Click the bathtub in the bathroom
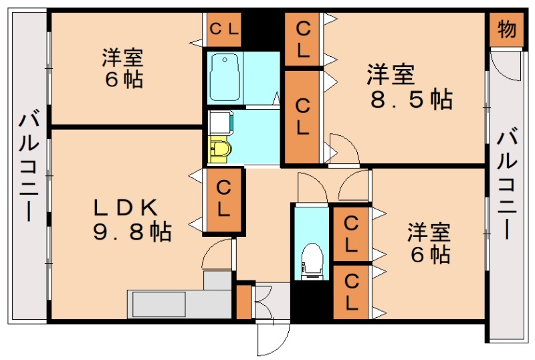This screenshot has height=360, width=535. [225, 78]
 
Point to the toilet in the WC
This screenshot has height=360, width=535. [311, 261]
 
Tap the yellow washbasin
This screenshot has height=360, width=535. [219, 149]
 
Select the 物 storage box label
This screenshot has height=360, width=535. [507, 29]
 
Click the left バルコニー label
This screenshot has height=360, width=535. [28, 167]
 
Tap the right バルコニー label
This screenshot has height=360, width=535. [508, 181]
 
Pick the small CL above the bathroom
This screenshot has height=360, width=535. [223, 29]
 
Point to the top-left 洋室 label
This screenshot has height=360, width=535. [123, 57]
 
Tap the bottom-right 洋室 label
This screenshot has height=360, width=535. [430, 234]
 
